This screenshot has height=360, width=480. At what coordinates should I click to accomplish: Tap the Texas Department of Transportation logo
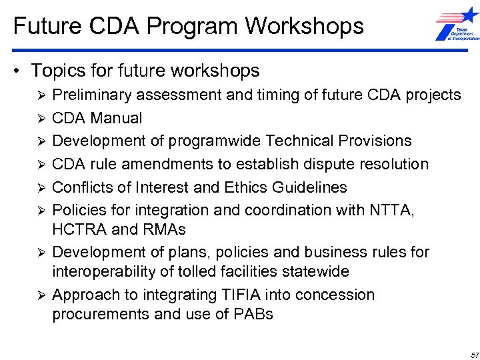click(x=457, y=26)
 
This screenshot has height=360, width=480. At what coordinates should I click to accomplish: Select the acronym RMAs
click(x=163, y=229)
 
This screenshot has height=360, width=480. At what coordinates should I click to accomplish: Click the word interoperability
click(x=105, y=271)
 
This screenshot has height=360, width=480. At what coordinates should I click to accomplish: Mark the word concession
click(x=335, y=295)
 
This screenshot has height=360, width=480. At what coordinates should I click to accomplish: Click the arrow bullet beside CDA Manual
click(x=41, y=119)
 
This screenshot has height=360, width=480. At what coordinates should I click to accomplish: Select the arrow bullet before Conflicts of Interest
click(x=41, y=187)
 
